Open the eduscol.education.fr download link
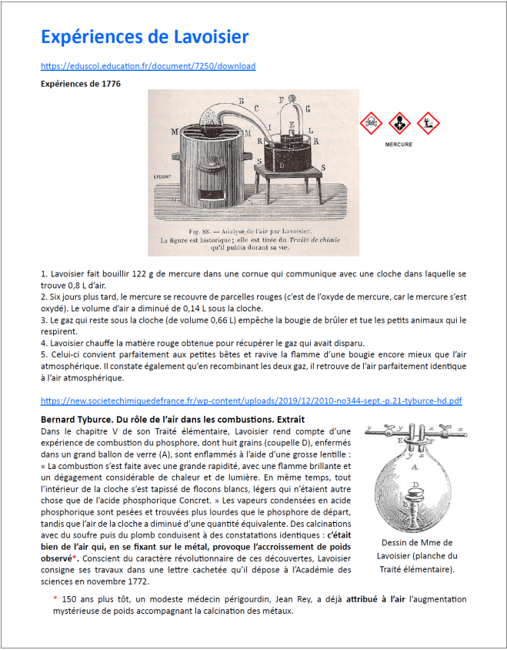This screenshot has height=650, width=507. pos(148,66)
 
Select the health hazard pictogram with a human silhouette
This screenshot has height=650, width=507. pos(399,122)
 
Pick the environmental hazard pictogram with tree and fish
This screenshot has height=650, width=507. pos(426,122)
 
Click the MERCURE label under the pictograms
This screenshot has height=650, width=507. pos(399,144)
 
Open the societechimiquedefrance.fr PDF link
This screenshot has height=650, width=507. pos(251,400)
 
